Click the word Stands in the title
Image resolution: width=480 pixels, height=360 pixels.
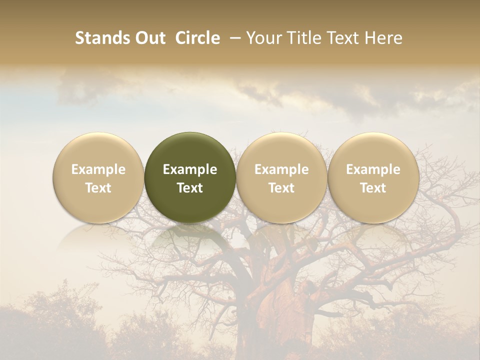click(x=101, y=38)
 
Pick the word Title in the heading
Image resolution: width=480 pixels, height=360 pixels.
click(x=306, y=38)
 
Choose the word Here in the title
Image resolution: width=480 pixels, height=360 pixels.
click(x=384, y=38)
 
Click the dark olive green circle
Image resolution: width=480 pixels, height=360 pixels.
click(x=190, y=150)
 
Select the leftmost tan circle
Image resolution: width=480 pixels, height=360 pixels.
click(x=98, y=150)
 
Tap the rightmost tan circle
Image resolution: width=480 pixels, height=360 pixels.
click(x=373, y=150)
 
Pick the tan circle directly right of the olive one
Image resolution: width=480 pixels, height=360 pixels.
click(x=281, y=150)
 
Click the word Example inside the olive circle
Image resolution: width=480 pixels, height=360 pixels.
click(x=190, y=169)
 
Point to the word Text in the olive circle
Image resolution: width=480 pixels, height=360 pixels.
click(x=190, y=188)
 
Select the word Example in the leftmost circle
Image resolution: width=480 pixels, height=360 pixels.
click(x=98, y=169)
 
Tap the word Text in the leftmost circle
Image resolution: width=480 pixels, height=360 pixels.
click(x=98, y=188)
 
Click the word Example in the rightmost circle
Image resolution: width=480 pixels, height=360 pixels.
click(x=373, y=169)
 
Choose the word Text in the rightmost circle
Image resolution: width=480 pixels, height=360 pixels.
click(x=373, y=188)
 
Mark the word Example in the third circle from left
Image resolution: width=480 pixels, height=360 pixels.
click(x=281, y=169)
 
